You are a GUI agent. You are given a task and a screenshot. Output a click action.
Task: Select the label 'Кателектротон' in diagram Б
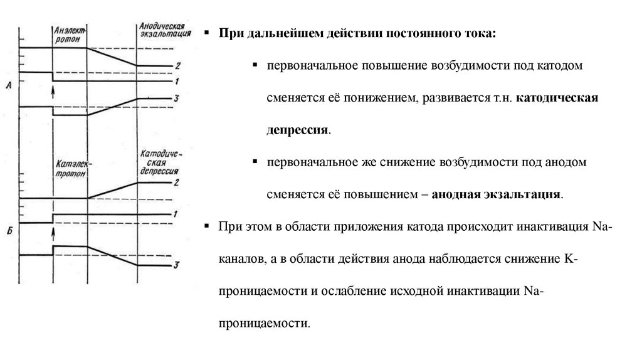coord(70,169)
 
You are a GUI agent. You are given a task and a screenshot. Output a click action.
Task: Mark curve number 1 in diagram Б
coord(177,214)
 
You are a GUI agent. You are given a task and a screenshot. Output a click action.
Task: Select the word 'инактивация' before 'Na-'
coord(554,227)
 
